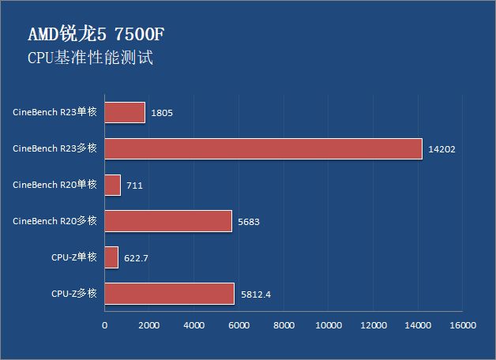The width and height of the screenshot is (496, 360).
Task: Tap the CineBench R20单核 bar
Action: [112, 185]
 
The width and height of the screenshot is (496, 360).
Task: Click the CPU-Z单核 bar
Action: [111, 257]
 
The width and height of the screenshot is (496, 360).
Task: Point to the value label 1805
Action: [161, 113]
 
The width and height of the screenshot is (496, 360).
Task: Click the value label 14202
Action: [442, 149]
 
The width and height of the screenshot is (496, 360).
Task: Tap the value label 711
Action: [134, 186]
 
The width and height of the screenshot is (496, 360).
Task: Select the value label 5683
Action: [247, 222]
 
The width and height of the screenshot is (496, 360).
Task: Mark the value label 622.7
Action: [138, 258]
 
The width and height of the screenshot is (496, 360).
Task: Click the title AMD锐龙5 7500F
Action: [96, 36]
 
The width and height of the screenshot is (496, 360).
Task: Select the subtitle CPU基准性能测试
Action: [89, 58]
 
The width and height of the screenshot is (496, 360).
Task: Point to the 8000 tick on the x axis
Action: [284, 324]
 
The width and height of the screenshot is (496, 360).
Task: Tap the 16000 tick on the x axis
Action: [462, 324]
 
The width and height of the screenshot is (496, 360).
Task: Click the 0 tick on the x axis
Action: [105, 324]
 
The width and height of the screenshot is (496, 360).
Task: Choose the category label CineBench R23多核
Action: [54, 148]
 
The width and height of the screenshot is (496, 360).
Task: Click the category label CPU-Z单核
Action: [73, 257]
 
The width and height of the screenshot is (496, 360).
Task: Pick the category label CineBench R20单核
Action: [54, 184]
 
